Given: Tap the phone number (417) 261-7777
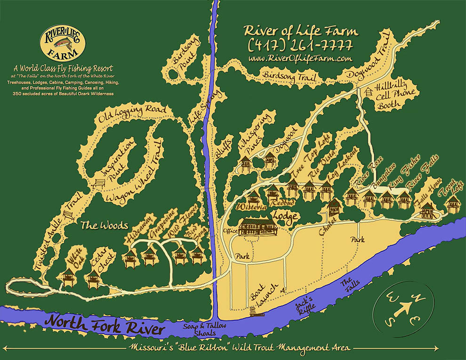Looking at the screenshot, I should [x=300, y=46].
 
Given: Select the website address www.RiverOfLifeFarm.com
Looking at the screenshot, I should [x=300, y=58].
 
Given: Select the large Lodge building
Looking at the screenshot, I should [x=257, y=227].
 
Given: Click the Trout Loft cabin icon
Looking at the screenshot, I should [x=453, y=204].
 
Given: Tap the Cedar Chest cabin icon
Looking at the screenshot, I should [x=93, y=279].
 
